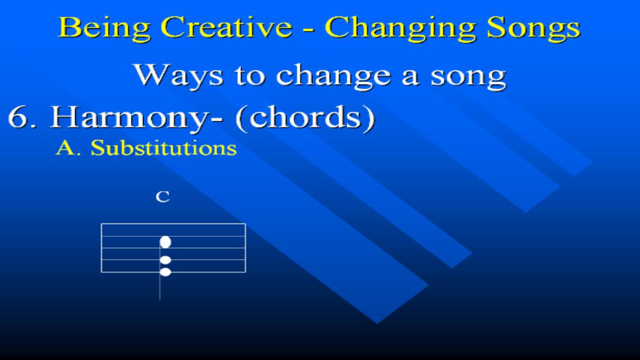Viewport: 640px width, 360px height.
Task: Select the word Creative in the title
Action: coord(227,27)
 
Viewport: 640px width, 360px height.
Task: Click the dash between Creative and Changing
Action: coord(309,29)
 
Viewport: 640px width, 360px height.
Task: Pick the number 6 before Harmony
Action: coord(18,117)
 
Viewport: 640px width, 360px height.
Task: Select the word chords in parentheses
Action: coord(305,117)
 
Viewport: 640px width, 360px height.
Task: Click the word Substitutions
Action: coord(164,148)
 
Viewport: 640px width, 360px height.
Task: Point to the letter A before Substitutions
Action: coord(65,148)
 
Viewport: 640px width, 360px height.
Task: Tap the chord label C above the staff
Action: coord(163,197)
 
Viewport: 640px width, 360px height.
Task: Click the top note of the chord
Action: coord(165,242)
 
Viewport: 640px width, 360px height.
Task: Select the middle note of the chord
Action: coord(165,260)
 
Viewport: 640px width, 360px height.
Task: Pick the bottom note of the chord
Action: coord(165,272)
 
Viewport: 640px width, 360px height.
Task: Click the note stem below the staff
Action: coord(159,286)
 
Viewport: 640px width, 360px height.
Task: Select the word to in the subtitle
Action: coord(250,77)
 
